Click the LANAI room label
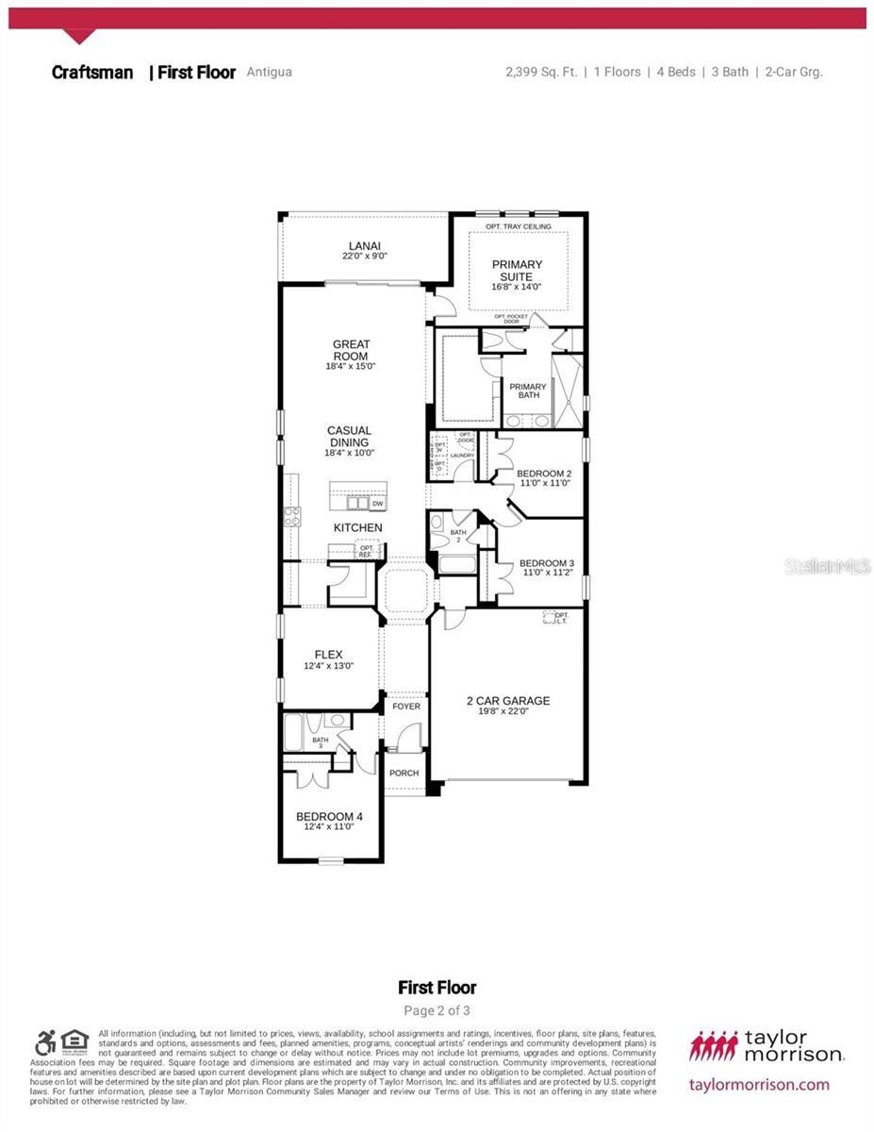coord(364,245)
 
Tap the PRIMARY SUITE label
coord(517,271)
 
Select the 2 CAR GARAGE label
coord(507,701)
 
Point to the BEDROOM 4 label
coord(328,816)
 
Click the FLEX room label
coord(328,655)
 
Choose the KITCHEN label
coord(358,527)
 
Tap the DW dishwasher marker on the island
coord(377,504)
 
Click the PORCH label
coord(404,773)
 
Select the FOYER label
coord(406,706)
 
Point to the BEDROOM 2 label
coord(544,474)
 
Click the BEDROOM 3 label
coord(546,564)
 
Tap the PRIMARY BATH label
coord(528,391)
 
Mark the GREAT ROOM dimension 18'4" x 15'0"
coord(351,366)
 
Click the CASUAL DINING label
coord(349,437)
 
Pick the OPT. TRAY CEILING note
coord(518,226)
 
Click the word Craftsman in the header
coord(92,73)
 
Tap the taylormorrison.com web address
coord(759,1084)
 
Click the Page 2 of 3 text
coord(437,1010)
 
